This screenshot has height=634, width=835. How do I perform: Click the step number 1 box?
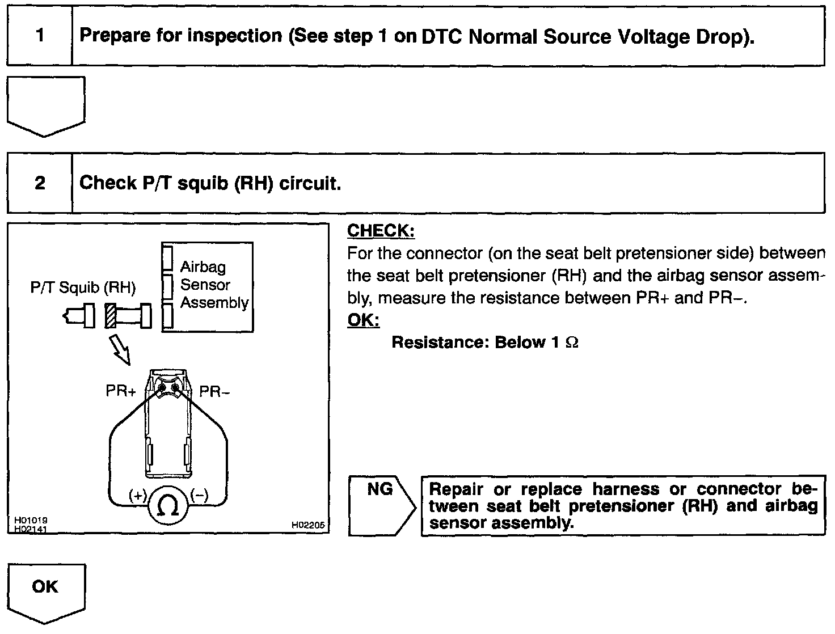40,36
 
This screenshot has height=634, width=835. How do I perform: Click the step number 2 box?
40,183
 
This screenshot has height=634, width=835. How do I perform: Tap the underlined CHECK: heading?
381,231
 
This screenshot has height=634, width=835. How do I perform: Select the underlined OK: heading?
363,320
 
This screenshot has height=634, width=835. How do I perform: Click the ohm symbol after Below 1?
572,343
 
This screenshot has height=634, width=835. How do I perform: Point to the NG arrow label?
380,489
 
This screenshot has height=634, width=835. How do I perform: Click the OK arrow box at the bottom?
45,587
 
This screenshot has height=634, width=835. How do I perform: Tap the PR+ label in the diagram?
121,391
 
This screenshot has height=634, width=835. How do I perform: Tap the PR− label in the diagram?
214,392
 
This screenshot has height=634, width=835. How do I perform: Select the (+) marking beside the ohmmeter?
138,495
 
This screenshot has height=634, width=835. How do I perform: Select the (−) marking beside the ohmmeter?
199,495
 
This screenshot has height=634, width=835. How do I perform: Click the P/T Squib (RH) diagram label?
83,288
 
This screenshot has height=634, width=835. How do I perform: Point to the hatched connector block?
110,315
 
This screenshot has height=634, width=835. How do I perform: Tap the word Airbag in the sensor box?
203,267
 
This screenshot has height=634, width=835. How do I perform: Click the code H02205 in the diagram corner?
308,526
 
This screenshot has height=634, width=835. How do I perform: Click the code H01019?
31,520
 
